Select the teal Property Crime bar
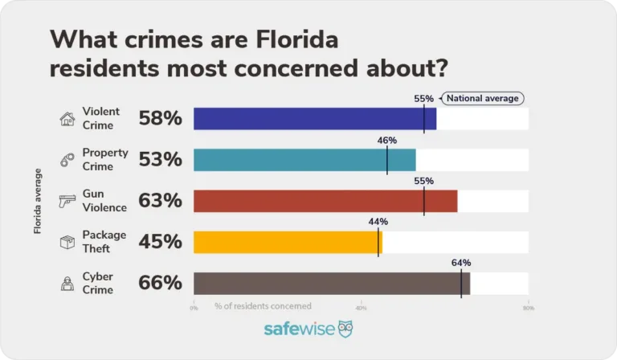pos(304,160)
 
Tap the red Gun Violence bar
pos(325,201)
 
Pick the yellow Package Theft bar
pos(288,242)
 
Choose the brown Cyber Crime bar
pos(332,283)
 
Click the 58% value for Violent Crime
pos(161,120)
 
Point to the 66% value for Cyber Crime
pos(161,284)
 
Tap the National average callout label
pos(483,98)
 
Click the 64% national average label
pos(461,263)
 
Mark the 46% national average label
pos(387,140)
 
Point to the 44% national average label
pos(378,222)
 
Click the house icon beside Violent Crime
pos(67,120)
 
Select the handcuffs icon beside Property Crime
pos(67,161)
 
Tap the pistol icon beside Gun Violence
pos(67,202)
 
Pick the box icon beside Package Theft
pos(67,243)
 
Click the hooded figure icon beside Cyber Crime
pos(67,284)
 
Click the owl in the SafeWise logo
pos(345,329)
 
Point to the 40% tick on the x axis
pos(362,307)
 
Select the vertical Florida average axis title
pos(38,201)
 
